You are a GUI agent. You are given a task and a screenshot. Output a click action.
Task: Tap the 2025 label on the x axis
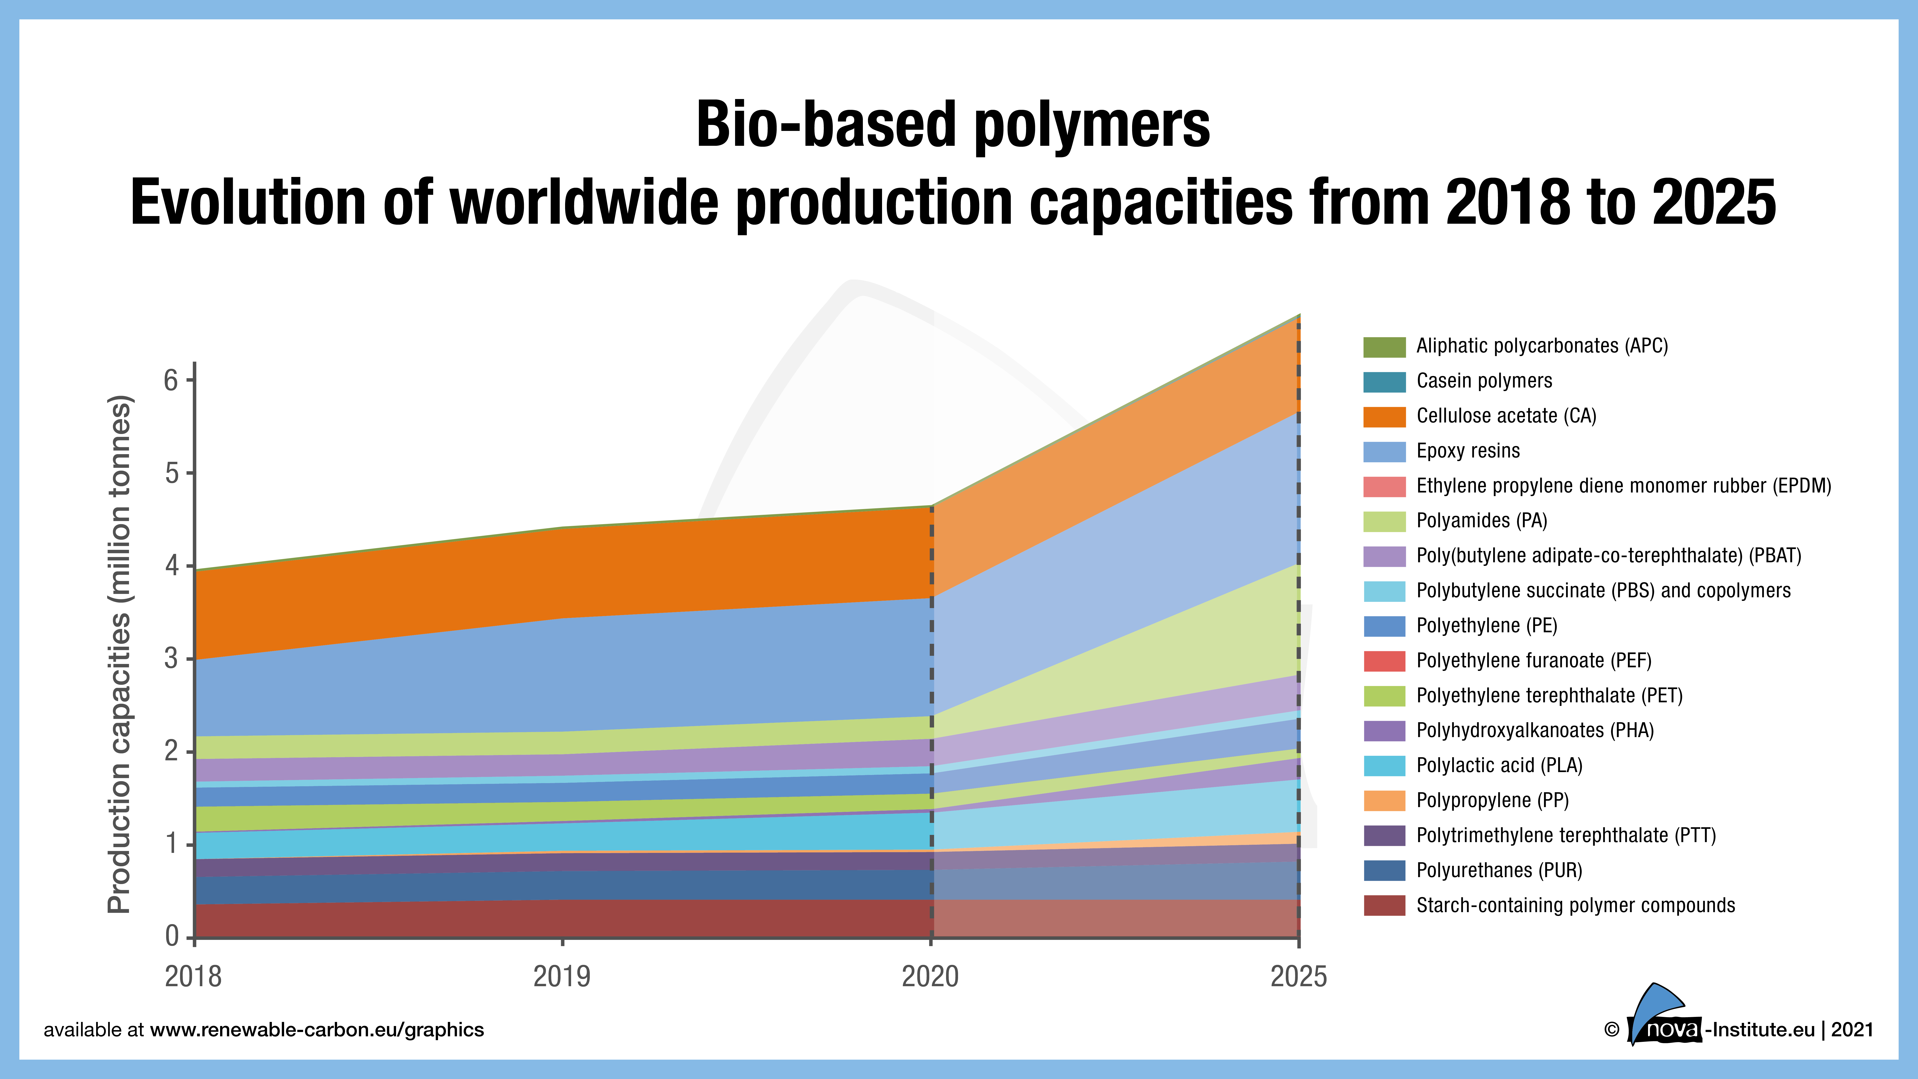pyautogui.click(x=1298, y=976)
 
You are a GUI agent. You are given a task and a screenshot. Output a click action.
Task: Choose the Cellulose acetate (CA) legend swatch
pyautogui.click(x=1384, y=416)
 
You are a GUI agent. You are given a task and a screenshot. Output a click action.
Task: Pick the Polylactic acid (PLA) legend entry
pyautogui.click(x=1499, y=766)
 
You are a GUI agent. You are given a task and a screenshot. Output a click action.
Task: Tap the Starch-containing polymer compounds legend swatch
pyautogui.click(x=1384, y=905)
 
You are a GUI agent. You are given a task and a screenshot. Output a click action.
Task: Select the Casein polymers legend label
pyautogui.click(x=1484, y=381)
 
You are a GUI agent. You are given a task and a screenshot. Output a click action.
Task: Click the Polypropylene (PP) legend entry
pyautogui.click(x=1492, y=801)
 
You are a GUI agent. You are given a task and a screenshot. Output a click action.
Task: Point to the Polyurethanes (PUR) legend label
pyautogui.click(x=1499, y=870)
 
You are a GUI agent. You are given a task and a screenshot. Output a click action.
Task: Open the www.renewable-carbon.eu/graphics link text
pyautogui.click(x=316, y=1030)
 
